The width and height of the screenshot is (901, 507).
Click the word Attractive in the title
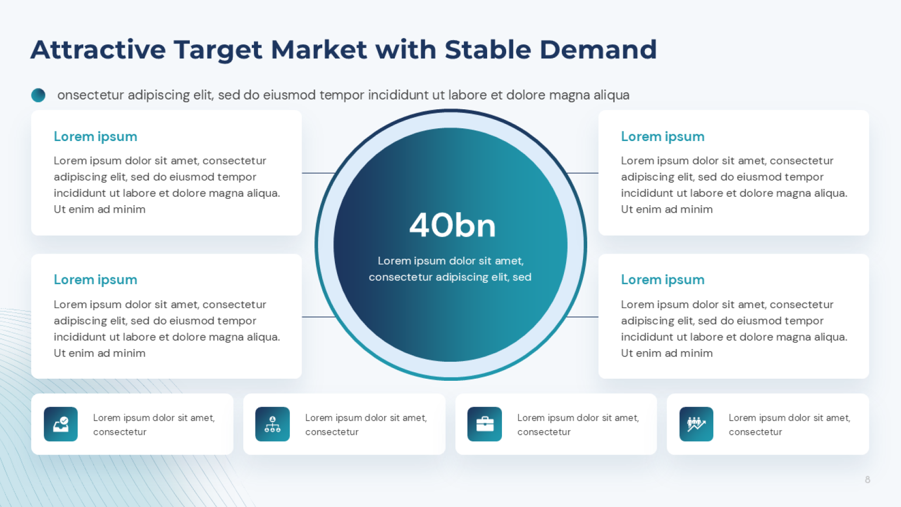[x=98, y=49]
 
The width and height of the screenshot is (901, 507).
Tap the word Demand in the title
[x=598, y=49]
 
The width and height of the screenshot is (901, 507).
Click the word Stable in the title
[x=488, y=49]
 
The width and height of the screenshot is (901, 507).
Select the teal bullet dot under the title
[x=38, y=95]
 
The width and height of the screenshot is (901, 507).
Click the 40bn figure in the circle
[x=452, y=225]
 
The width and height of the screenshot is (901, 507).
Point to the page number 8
[x=868, y=479]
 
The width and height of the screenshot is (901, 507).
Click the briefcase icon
[x=485, y=424]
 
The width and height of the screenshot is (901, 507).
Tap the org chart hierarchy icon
[x=272, y=424]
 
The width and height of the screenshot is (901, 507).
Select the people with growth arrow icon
[x=696, y=424]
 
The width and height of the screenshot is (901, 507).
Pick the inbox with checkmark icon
[x=61, y=424]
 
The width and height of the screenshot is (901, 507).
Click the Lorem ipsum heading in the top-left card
[x=95, y=137]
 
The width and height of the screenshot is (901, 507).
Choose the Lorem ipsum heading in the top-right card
[x=662, y=137]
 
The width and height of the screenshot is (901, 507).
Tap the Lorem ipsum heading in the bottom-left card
[x=95, y=279]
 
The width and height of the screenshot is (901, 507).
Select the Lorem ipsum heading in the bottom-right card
[x=662, y=279]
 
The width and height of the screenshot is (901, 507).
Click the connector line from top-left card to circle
[x=319, y=173]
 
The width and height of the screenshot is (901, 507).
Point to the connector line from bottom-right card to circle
[x=582, y=317]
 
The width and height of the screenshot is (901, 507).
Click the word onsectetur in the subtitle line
[x=90, y=95]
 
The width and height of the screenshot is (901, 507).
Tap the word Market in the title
[x=319, y=49]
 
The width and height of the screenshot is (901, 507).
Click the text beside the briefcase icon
[x=578, y=424]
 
